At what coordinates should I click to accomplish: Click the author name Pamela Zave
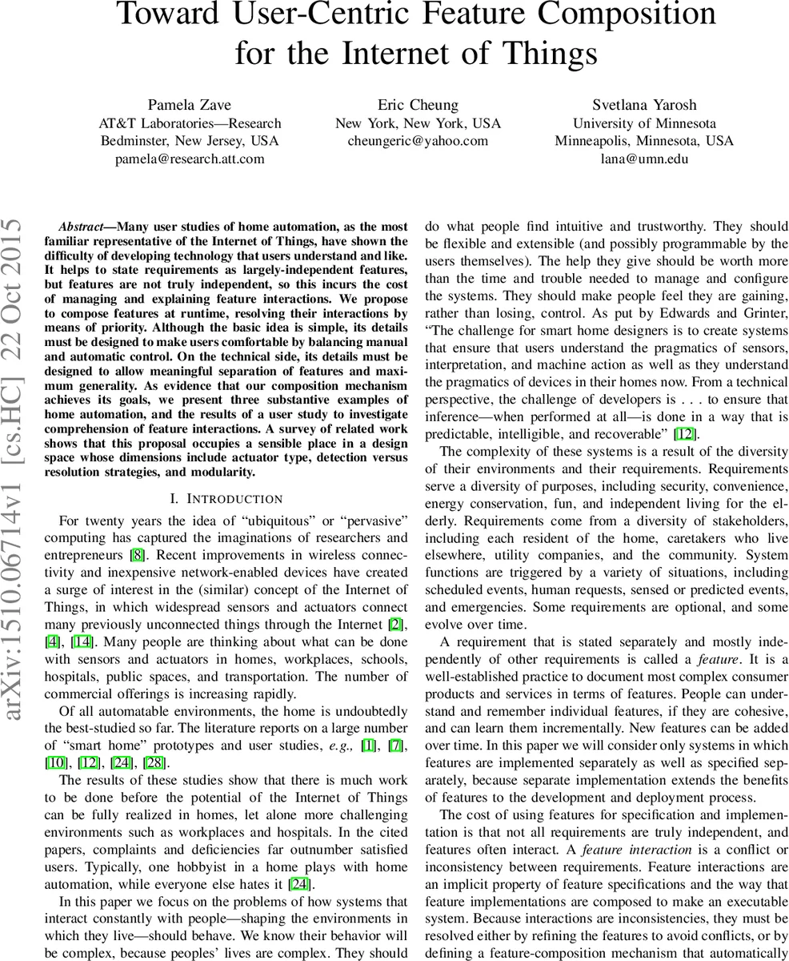(190, 105)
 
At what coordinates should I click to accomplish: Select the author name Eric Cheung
(418, 105)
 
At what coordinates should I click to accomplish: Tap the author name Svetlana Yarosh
(644, 105)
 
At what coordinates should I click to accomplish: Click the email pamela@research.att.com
(190, 159)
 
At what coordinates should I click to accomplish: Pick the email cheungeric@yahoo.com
(418, 141)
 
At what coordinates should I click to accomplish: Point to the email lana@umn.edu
(644, 159)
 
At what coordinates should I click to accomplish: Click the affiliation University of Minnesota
(644, 123)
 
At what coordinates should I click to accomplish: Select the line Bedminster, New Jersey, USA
(190, 141)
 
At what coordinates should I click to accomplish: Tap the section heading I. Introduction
(226, 499)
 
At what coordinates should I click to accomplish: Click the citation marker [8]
(137, 555)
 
